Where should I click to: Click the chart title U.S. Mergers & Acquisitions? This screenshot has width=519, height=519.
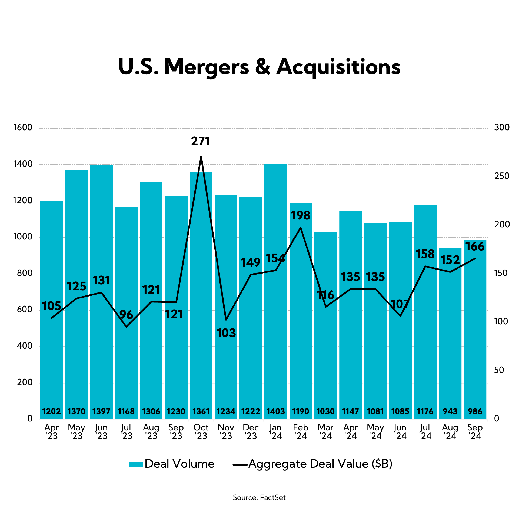point(259,67)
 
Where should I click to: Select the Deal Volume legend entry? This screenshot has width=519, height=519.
point(172,464)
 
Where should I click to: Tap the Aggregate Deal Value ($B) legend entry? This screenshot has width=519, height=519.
point(312,464)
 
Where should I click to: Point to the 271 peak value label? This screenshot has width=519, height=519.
point(201,141)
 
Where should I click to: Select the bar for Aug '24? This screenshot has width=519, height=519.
point(450,338)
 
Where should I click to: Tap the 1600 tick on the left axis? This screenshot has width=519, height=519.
point(23,127)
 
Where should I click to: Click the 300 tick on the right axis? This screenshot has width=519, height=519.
point(502,127)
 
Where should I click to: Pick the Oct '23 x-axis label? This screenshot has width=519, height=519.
point(201,432)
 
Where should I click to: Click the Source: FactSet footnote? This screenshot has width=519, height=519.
point(259,498)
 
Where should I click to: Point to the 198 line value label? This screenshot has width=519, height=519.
point(301,215)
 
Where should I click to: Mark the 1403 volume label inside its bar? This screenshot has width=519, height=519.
point(276,411)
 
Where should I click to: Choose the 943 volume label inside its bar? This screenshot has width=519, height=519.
point(450,411)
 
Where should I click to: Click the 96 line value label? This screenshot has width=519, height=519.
point(126,315)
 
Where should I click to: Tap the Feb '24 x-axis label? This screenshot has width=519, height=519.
point(301,432)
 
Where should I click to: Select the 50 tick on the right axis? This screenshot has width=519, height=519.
point(499,370)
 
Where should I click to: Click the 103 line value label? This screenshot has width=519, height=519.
point(226,333)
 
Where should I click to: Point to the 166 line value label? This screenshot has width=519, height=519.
point(475,246)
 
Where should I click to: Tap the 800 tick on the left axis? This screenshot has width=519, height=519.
point(25,273)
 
